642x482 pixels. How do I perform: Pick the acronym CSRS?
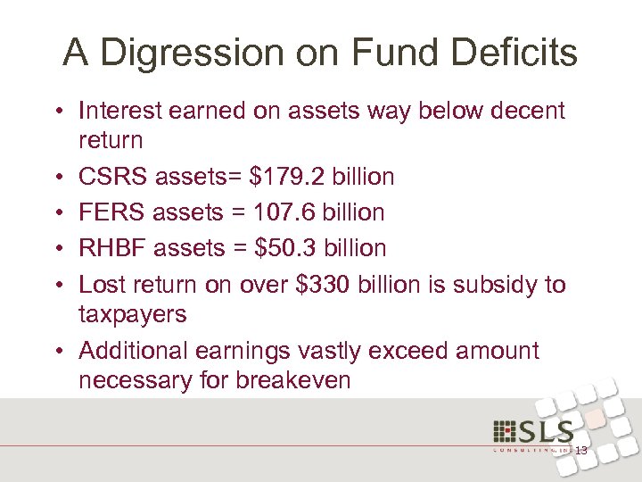(112, 177)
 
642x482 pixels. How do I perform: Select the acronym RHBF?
(113, 248)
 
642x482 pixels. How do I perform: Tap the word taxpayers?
(133, 314)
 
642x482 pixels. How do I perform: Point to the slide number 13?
(580, 451)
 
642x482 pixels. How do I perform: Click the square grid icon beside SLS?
(503, 431)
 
